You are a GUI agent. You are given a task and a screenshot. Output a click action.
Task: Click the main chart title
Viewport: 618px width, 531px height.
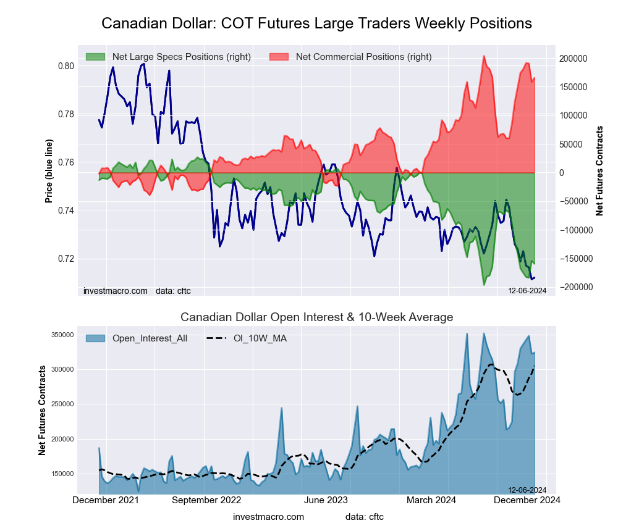coord(316,23)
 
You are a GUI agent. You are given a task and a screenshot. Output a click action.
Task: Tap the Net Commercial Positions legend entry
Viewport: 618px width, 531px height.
coord(363,57)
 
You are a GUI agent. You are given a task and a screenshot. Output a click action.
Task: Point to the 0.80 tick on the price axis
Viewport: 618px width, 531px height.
coord(66,66)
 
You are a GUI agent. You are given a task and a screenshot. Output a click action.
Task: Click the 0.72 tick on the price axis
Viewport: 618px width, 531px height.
coord(66,259)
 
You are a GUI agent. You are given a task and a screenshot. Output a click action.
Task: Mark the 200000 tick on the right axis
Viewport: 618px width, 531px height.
coord(572,59)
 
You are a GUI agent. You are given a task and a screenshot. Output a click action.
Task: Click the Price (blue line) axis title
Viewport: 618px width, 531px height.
coord(49,171)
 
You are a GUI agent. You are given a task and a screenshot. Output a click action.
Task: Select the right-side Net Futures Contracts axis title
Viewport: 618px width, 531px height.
coord(599,170)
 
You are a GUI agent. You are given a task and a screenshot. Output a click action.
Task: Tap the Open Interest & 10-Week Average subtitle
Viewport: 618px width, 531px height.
coord(316,317)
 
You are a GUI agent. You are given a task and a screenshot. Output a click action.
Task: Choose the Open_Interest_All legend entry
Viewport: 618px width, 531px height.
coord(150,338)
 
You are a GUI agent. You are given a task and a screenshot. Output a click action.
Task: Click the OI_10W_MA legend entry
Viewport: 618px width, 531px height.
coord(260,338)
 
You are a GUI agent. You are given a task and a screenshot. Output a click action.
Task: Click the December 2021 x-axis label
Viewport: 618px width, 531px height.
coord(106,500)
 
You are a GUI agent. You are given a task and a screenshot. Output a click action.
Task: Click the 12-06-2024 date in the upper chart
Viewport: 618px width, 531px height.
coord(527,290)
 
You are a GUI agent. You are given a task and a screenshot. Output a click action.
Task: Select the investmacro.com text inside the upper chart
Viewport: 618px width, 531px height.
coord(116,291)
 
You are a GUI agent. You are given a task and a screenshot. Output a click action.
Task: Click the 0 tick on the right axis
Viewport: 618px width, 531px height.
coord(562,173)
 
